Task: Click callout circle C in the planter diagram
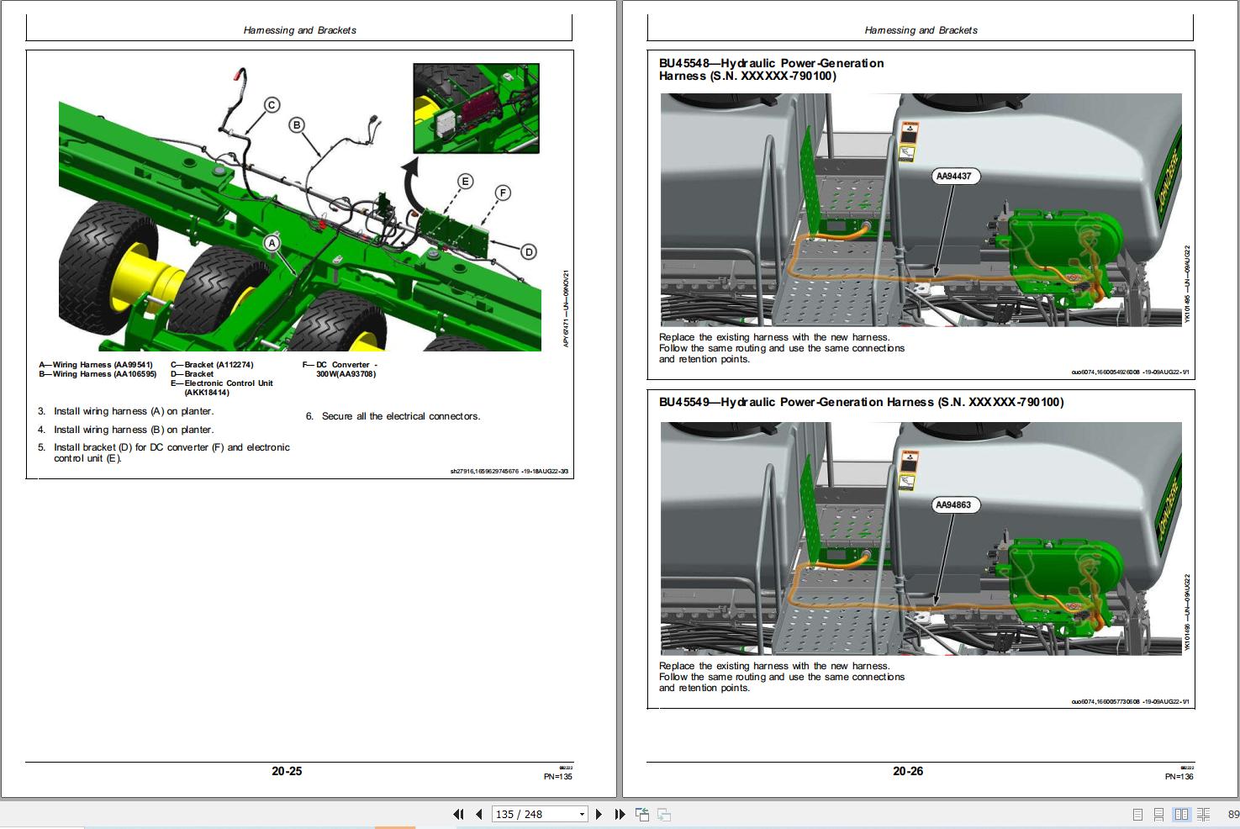272,105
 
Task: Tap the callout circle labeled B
296,125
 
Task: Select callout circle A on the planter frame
272,243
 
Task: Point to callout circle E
465,182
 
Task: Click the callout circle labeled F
503,193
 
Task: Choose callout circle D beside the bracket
528,251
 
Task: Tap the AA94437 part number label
953,177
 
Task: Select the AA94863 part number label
953,505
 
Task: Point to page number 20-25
287,771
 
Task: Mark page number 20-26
907,771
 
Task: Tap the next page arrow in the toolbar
599,814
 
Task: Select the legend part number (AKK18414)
206,393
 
